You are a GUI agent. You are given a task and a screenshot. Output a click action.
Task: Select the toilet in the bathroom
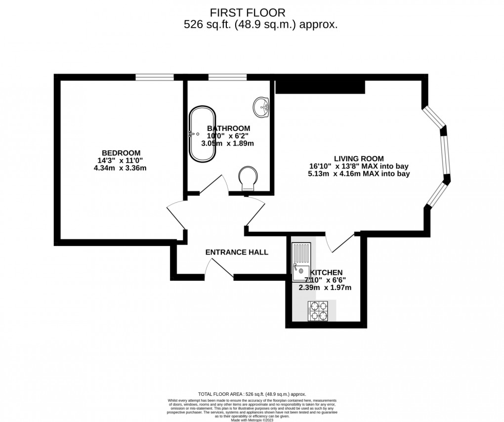click(248, 178)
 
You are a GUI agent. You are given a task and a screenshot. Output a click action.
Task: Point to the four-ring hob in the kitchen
click(317, 311)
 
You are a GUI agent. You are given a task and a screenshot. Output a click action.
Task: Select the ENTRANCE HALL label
click(237, 253)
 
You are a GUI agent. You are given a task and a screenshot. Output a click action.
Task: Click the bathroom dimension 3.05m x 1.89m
click(227, 143)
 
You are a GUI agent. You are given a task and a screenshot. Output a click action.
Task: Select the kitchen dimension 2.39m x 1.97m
click(325, 288)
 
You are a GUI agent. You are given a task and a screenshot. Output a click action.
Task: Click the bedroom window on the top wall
click(155, 77)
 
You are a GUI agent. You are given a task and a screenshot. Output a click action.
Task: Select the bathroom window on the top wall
click(227, 77)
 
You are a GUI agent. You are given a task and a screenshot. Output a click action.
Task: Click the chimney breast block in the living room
click(320, 86)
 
